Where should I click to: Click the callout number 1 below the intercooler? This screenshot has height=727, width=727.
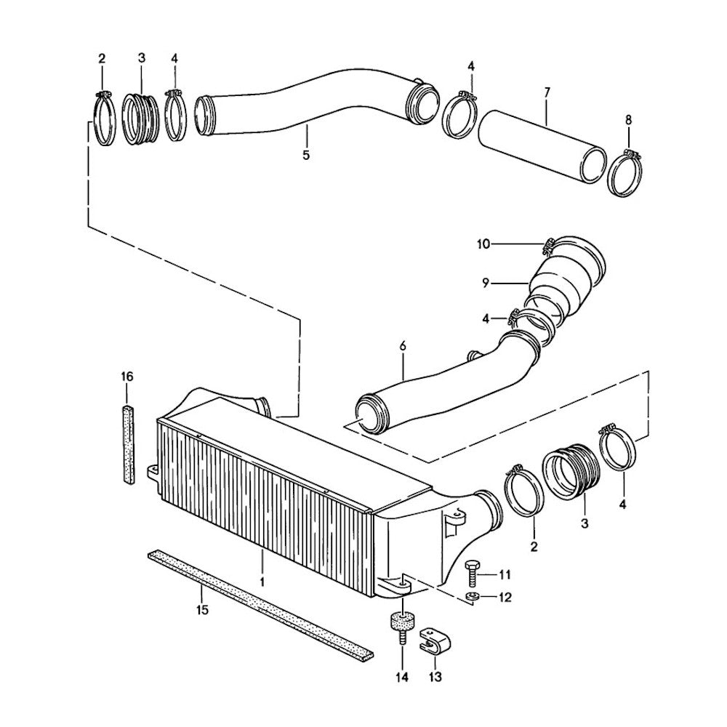point(262,582)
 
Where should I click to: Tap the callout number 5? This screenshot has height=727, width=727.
point(306,155)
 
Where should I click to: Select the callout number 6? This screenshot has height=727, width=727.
point(402,348)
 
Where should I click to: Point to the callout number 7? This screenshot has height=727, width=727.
point(547,92)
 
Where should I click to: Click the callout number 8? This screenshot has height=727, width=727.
point(628,120)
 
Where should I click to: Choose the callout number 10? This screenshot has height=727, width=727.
point(483,244)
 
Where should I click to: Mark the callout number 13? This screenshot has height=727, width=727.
point(435,678)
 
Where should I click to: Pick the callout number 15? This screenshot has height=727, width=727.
point(203,609)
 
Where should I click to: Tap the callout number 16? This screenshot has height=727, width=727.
point(127,377)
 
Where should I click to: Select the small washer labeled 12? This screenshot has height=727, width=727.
point(470,598)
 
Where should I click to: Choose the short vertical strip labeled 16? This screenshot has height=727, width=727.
point(128,445)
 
